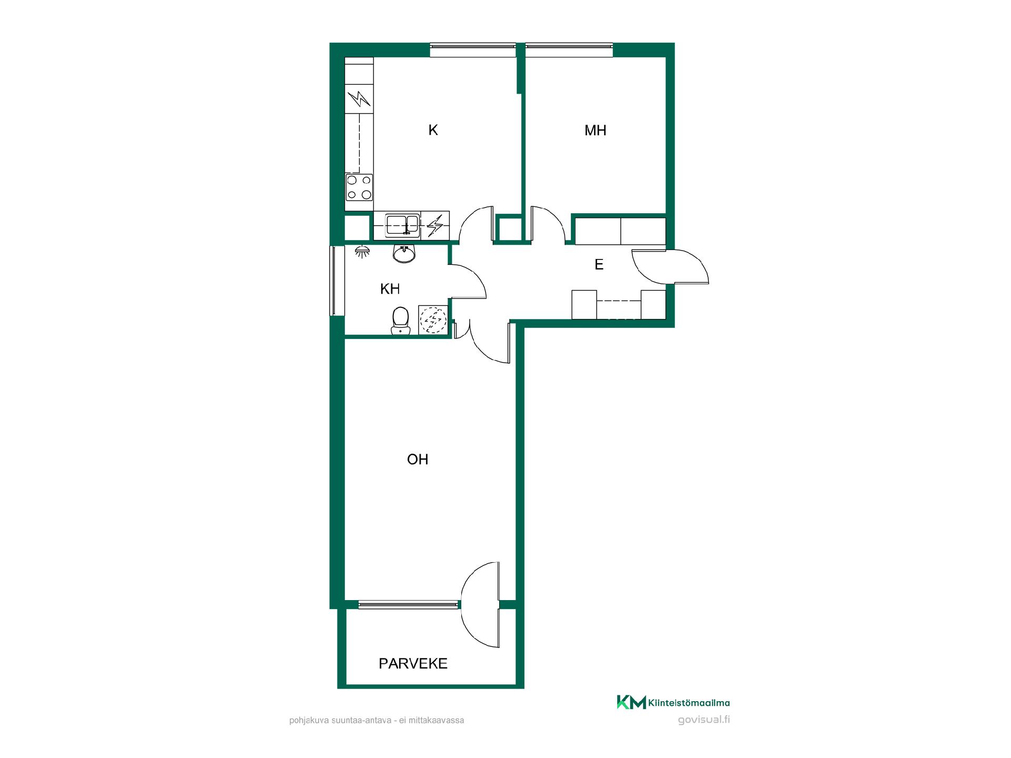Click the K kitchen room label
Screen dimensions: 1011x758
[x=433, y=130]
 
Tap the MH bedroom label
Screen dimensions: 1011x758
[x=596, y=131]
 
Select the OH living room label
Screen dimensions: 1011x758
[x=418, y=460]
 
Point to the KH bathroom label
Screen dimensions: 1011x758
[x=390, y=289]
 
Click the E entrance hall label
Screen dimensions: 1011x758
[x=599, y=265]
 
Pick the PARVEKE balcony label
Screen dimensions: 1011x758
[x=413, y=664]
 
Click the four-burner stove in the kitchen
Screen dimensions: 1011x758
[x=359, y=187]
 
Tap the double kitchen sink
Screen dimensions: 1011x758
[x=402, y=225]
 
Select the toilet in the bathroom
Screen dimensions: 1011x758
[x=401, y=320]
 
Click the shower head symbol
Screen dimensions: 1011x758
[x=362, y=252]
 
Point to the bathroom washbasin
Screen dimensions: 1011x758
[x=404, y=254]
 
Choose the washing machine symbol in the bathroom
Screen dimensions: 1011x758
[x=433, y=319]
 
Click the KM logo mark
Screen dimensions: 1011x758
[x=631, y=702]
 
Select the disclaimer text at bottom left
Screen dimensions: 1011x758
[x=376, y=721]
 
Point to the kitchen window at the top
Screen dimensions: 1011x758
[x=473, y=50]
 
